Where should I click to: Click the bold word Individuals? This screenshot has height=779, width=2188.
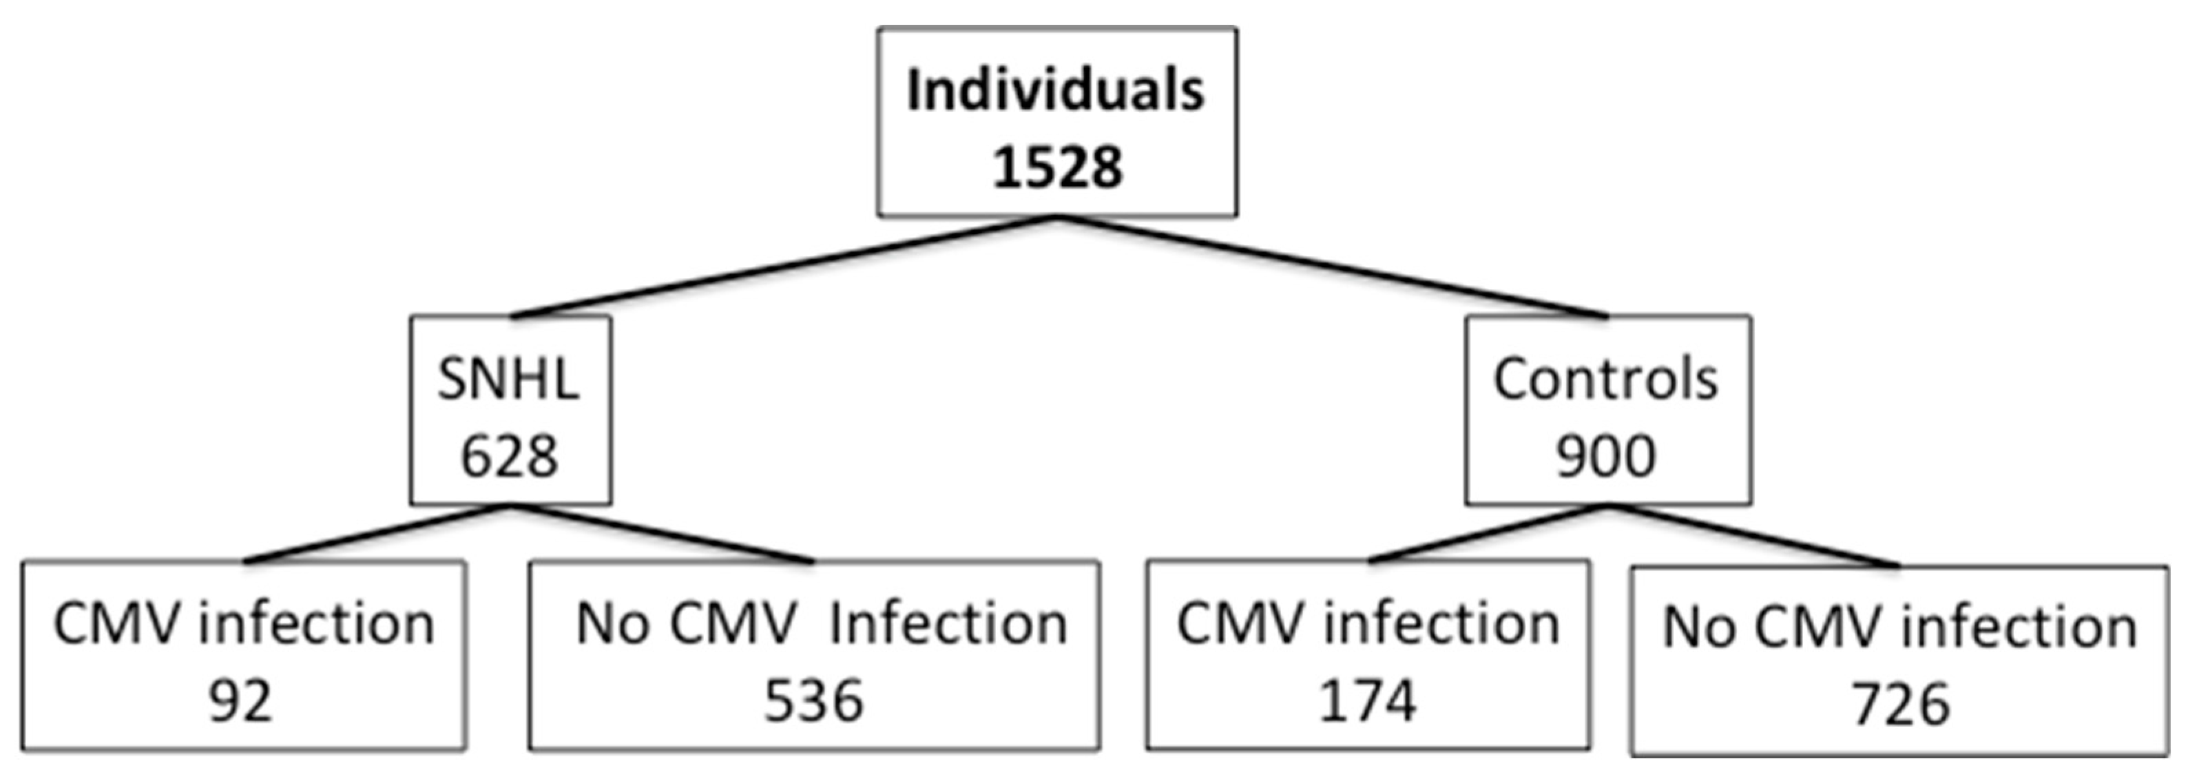point(1056,90)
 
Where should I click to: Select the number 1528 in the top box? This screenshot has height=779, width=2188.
point(1057,167)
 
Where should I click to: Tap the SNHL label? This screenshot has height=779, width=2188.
point(508,379)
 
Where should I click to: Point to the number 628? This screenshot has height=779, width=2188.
point(510,456)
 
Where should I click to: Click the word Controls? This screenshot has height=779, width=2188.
point(1605,379)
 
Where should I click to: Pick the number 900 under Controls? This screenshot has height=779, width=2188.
point(1605,456)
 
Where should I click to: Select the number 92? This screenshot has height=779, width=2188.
point(241,702)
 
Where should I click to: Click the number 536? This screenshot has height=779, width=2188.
point(814,702)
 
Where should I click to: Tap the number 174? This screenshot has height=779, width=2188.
point(1368,702)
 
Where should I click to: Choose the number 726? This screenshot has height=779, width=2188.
point(1900,706)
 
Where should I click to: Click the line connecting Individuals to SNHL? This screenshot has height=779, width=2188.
point(786,267)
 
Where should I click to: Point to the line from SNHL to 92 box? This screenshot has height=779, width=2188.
point(378,534)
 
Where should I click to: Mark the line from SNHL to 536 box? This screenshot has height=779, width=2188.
point(663,534)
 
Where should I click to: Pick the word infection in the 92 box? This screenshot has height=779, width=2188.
point(316,625)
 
